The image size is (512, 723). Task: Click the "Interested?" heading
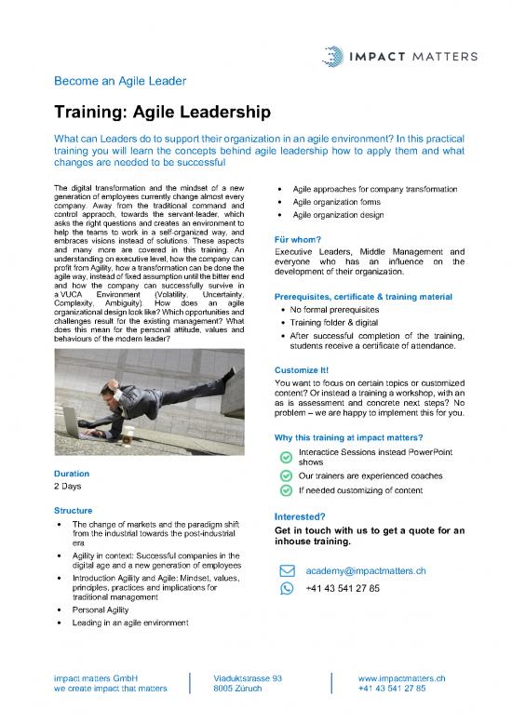[x=299, y=517]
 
